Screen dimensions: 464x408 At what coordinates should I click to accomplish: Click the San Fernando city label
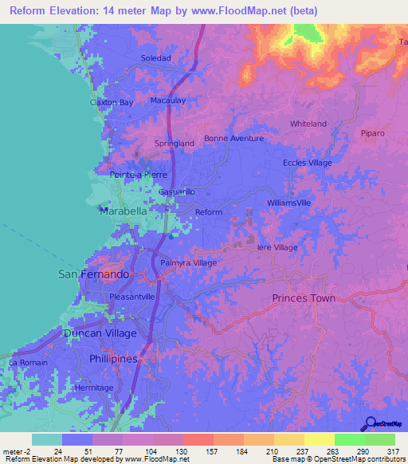pyautogui.click(x=94, y=273)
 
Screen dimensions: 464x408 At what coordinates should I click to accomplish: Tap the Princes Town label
pyautogui.click(x=304, y=298)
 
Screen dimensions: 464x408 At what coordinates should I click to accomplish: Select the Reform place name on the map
pyautogui.click(x=209, y=212)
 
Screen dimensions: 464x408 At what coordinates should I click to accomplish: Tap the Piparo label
pyautogui.click(x=372, y=132)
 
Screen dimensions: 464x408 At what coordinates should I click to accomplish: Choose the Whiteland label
pyautogui.click(x=308, y=124)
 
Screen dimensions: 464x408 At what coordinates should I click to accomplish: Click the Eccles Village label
pyautogui.click(x=308, y=163)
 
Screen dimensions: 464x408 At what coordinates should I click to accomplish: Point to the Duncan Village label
pyautogui.click(x=100, y=332)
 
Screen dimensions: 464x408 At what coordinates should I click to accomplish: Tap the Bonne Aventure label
pyautogui.click(x=233, y=138)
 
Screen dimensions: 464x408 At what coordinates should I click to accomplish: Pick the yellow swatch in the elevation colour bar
pyautogui.click(x=320, y=439)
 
